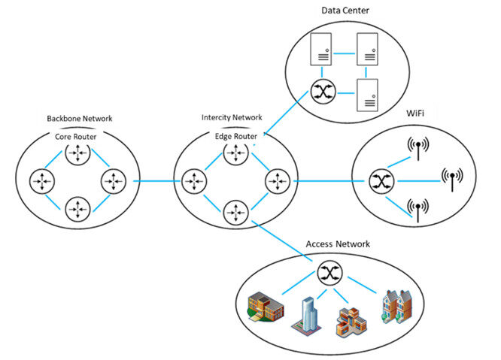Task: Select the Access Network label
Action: (338, 244)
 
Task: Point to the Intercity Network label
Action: (232, 118)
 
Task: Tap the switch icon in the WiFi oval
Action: (378, 180)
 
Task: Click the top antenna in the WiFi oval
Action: (416, 147)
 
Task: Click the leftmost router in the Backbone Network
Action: (41, 181)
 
